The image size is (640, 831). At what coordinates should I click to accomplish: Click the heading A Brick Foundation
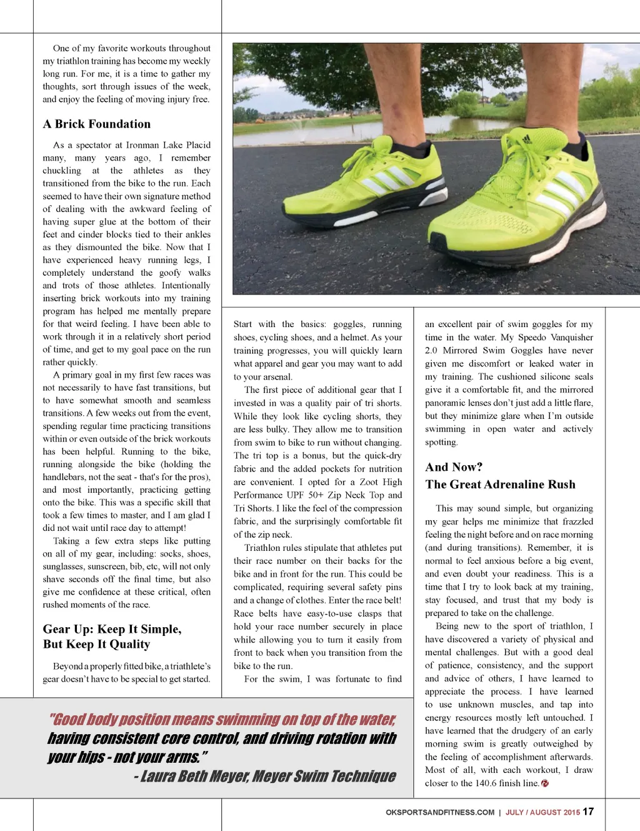(x=97, y=124)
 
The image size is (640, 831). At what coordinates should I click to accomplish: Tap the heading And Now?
(x=454, y=467)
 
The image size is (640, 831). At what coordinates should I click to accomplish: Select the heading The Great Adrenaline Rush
(x=500, y=485)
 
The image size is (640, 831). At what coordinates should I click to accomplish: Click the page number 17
(x=588, y=812)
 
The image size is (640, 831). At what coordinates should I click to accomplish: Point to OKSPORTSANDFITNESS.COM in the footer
(x=440, y=812)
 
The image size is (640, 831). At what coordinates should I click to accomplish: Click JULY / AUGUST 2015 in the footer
(x=542, y=812)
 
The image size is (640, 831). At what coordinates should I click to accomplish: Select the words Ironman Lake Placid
(x=168, y=145)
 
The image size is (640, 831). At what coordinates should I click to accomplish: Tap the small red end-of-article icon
(x=545, y=783)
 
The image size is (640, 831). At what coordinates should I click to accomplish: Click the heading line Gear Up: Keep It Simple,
(x=112, y=629)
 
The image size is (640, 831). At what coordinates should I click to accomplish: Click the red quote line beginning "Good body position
(x=222, y=720)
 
